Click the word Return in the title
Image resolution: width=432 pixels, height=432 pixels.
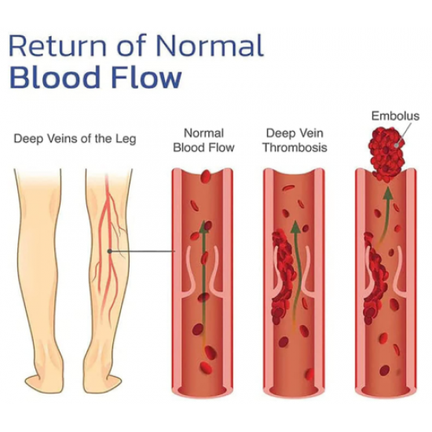(58, 46)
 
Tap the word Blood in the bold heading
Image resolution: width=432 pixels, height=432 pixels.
(54, 77)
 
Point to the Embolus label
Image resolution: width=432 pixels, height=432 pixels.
(395, 115)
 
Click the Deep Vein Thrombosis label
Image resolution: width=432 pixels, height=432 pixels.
(295, 141)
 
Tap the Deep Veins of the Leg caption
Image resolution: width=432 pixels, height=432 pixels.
(75, 138)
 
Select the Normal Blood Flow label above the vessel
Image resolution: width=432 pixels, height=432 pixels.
(203, 141)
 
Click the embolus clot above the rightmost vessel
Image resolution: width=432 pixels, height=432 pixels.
(386, 155)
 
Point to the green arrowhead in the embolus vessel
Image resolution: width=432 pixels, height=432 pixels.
(388, 193)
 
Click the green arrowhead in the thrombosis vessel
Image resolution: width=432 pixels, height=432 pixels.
(295, 227)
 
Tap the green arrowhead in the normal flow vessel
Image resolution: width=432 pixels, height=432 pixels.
(204, 227)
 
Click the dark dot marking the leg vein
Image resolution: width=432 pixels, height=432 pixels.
(110, 251)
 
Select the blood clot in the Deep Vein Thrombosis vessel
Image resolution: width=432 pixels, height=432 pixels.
(284, 276)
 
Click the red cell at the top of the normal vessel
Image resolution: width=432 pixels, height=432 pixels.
(206, 176)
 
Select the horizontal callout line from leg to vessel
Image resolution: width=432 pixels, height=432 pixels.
(143, 251)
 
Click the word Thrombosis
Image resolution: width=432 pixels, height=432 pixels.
(295, 148)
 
